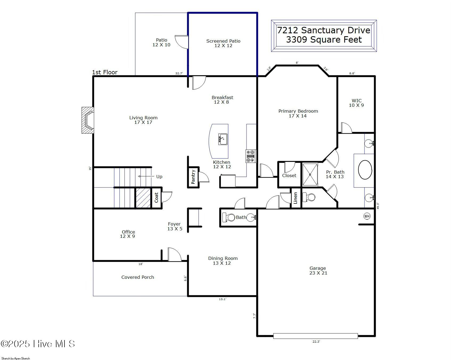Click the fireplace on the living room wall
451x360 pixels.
(88, 120)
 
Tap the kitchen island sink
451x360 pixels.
(223, 139)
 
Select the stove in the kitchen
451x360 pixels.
(251, 156)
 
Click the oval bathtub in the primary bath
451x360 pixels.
(365, 170)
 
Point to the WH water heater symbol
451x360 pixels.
(367, 216)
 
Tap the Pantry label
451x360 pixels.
(193, 177)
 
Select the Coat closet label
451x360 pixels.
(156, 197)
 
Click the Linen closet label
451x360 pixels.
(295, 198)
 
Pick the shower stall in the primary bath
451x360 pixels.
(310, 175)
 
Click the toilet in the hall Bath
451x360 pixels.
(228, 217)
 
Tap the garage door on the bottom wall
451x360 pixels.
(315, 336)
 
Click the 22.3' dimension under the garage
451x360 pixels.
(316, 342)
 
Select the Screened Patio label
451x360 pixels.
(223, 41)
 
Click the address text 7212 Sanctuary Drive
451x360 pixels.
(324, 30)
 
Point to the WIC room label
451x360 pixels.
(356, 101)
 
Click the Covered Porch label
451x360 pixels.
(138, 277)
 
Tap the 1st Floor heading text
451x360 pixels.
(105, 72)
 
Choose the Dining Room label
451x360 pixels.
(223, 258)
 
